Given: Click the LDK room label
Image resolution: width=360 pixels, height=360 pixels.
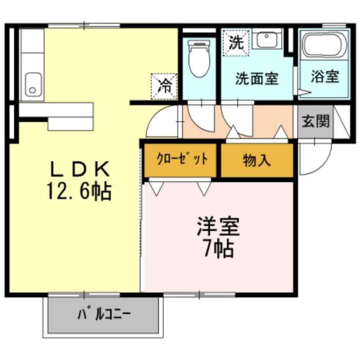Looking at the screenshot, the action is tap(80, 169).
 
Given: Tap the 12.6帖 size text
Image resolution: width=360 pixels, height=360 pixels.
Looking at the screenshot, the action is tap(79, 192).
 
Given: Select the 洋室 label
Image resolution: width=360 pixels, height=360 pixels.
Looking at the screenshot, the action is tap(218, 226).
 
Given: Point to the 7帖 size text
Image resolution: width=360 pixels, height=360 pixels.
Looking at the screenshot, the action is tap(219, 249).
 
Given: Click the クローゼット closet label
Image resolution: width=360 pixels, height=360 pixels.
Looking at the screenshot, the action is tap(182, 159).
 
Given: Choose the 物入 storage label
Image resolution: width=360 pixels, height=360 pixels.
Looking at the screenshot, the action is tap(257, 160).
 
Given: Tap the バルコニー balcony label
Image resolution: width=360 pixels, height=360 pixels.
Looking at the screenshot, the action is tap(104, 314).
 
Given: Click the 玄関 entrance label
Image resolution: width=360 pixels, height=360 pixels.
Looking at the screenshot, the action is tap(315, 121).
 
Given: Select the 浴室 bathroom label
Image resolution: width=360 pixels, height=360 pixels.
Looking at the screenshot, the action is tap(324, 76).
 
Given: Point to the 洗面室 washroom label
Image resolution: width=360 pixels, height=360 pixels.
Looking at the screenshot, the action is tap(256, 78).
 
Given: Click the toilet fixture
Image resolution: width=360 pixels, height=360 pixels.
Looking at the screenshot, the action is tap(199, 58).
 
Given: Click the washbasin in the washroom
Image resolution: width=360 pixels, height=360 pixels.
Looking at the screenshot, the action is tap(267, 40).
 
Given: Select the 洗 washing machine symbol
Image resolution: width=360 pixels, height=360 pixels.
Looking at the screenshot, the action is tap(236, 43).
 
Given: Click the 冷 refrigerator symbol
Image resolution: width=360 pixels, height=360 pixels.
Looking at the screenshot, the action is tap(164, 86).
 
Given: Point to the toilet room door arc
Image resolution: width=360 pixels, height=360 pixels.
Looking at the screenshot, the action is tap(196, 123).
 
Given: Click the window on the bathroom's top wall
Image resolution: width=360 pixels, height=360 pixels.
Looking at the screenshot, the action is tap(334, 25).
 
